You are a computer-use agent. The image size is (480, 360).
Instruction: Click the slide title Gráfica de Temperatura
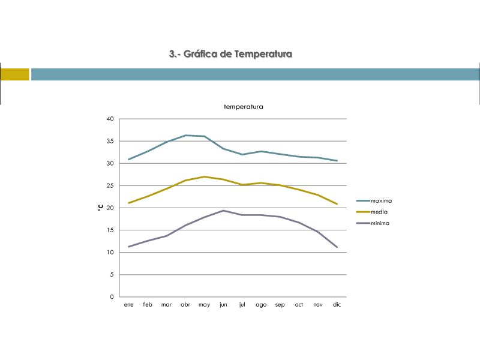coord(230,54)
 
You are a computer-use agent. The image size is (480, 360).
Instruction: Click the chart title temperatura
coord(243,107)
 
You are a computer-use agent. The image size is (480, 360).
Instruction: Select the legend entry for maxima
coord(381,201)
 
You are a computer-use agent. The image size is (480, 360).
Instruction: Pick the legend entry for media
coord(379,212)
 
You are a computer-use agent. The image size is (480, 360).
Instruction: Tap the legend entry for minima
coord(380,223)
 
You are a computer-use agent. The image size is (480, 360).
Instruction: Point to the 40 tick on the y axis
coord(110,119)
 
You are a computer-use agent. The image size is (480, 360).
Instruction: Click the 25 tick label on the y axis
coord(110,185)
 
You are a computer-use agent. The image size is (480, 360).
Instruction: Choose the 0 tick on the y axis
coord(112,297)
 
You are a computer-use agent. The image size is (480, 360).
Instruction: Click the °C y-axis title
coord(100,208)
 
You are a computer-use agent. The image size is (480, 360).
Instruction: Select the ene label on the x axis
coord(128,305)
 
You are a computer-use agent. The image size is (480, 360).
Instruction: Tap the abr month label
coord(185,305)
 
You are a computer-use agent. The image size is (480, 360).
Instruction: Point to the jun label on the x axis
coord(223,305)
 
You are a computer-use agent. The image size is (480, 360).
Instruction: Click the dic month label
coord(337,305)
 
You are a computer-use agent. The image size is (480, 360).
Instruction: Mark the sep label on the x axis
coord(280,305)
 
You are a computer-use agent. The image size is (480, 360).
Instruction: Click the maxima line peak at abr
coord(185,135)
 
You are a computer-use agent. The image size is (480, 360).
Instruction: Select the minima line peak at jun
coord(223,211)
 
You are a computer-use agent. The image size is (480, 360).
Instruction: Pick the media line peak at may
coord(205,176)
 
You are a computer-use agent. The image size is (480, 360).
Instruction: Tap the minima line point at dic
coord(337,247)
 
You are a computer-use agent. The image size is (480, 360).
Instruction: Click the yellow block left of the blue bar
coord(14,74)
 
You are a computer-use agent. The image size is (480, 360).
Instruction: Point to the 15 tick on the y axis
coord(110,230)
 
